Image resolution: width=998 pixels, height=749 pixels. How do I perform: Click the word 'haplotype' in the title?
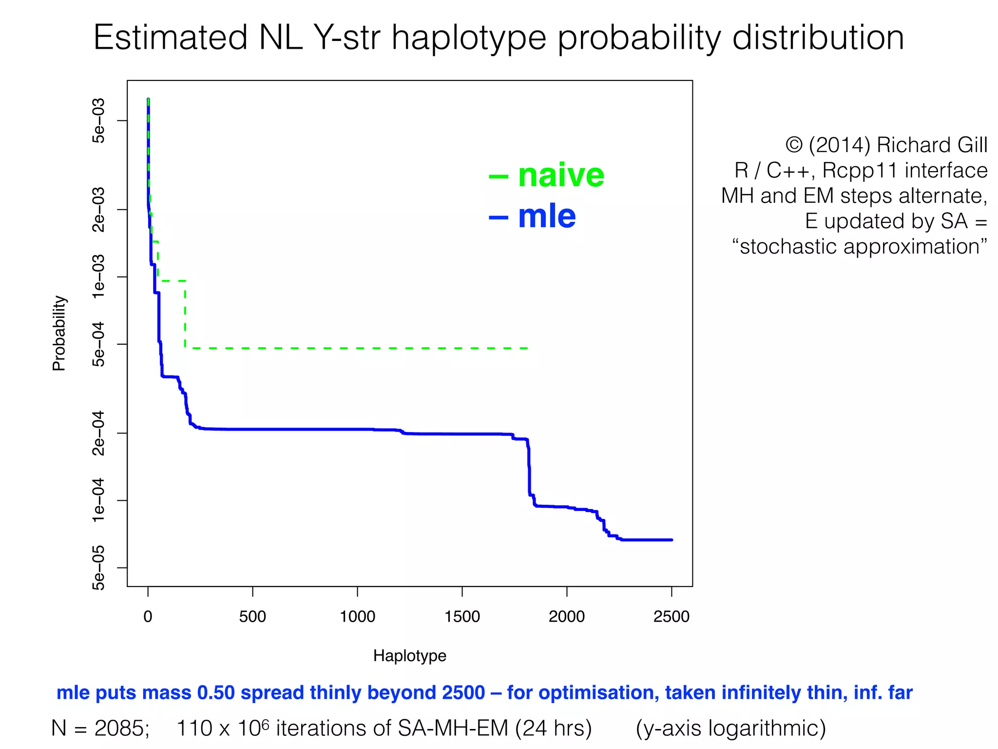coord(469,38)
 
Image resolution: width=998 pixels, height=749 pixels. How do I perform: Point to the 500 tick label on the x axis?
coord(252,617)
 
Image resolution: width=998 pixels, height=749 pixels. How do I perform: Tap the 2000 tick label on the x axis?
coord(567,617)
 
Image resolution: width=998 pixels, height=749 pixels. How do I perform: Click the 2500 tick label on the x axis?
coord(671,617)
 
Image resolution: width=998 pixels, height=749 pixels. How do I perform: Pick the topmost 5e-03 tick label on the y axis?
coord(99,120)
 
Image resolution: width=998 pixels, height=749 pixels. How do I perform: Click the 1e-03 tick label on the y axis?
coord(99,276)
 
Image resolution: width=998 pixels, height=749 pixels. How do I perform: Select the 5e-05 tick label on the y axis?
coord(99,567)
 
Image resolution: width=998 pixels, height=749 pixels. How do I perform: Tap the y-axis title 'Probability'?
coord(59,333)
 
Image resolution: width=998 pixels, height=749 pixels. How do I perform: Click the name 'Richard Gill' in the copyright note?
coord(932,145)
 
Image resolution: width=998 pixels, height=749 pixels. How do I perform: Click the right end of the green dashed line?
coord(527,348)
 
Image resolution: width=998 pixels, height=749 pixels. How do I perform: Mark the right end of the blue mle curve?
coord(672,540)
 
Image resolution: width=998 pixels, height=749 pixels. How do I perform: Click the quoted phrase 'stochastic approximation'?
coord(860,246)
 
